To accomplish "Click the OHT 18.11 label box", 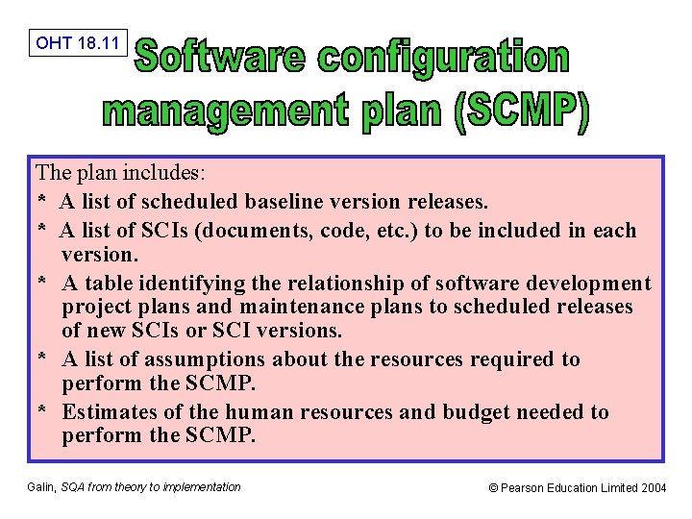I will click(x=78, y=42).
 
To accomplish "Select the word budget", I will click(x=477, y=412).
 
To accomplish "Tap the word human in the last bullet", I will click(x=261, y=412).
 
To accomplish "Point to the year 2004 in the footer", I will click(x=653, y=488).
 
